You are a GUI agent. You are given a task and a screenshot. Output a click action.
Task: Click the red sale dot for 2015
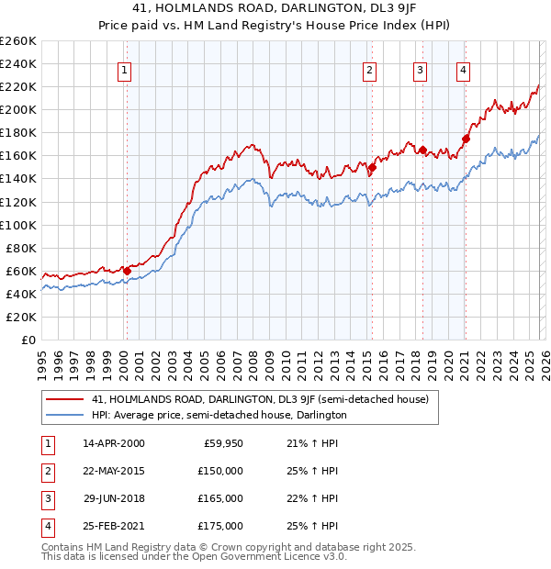pyautogui.click(x=372, y=168)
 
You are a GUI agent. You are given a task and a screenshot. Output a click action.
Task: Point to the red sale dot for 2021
pyautogui.click(x=466, y=139)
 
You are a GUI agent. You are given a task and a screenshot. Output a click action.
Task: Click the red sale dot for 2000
pyautogui.click(x=127, y=271)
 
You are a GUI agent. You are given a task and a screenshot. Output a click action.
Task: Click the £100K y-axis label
pyautogui.click(x=18, y=225)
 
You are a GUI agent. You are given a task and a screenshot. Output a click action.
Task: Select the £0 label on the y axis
pyautogui.click(x=27, y=340)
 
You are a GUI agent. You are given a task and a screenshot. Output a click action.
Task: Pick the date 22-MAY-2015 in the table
pyautogui.click(x=113, y=470)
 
